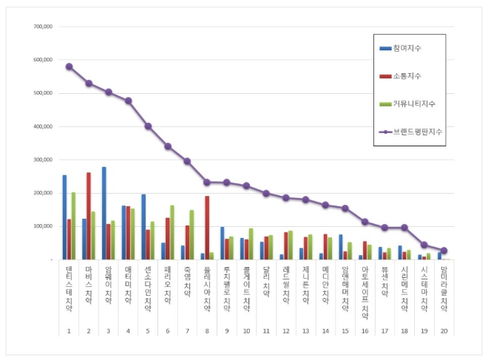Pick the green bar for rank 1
[73, 225]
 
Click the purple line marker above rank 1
[69, 67]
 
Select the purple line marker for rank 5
[148, 126]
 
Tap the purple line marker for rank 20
[444, 251]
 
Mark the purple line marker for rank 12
[286, 198]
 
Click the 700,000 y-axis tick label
[43, 27]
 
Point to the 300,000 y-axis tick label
[43, 160]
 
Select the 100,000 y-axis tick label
[43, 226]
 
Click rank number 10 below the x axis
[246, 330]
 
